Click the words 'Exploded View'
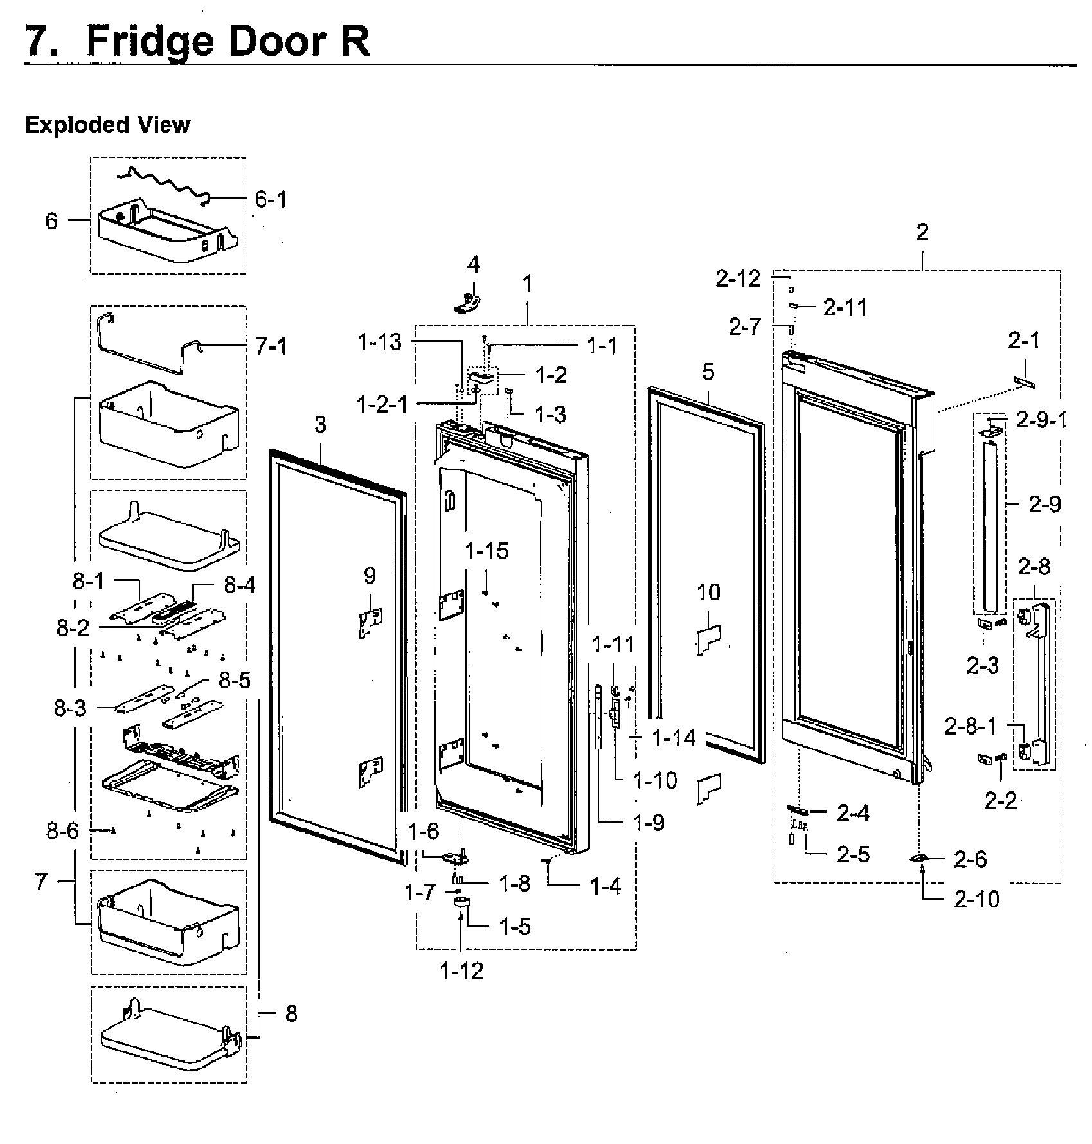pos(107,125)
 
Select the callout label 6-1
pos(271,200)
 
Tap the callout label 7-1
pos(271,347)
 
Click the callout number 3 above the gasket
pos(320,424)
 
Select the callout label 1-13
pos(380,343)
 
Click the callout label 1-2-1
pos(382,404)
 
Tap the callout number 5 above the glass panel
pos(708,372)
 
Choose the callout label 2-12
pos(738,278)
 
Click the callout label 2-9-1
pos(1041,420)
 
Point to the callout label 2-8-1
pos(971,726)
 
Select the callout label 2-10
pos(977,898)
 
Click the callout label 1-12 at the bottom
pos(461,971)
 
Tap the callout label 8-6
pos(62,831)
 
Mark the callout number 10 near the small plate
pos(708,592)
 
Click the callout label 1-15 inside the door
pos(487,551)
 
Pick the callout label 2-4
pos(853,813)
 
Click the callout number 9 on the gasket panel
pos(370,575)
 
